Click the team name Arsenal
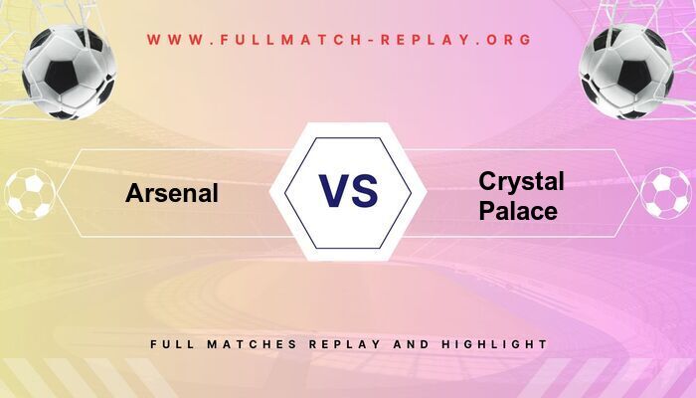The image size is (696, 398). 172,192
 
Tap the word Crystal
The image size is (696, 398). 521,181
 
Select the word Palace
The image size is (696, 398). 517,211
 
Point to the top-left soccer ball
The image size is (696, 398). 70,72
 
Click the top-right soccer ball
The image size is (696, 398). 627,72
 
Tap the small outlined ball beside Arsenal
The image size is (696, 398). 30,193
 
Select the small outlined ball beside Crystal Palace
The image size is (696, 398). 665,193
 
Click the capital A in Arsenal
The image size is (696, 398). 134,192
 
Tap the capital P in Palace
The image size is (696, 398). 486,211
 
